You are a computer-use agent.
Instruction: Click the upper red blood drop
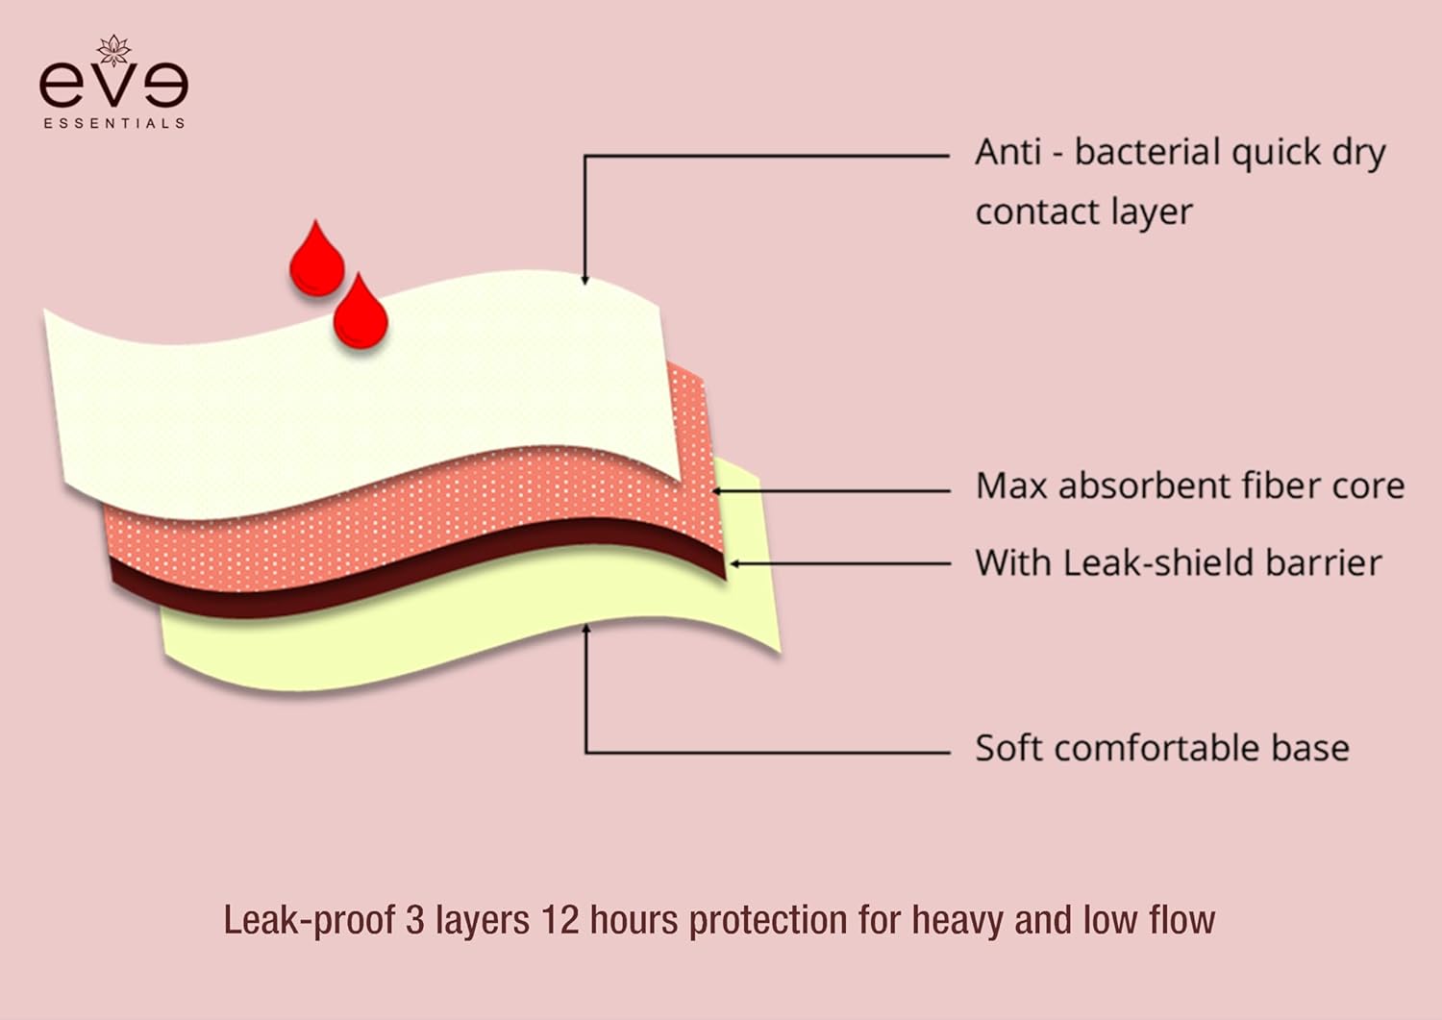coord(317,261)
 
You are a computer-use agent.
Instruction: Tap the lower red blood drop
coord(360,314)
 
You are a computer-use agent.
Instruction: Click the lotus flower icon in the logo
coord(113,50)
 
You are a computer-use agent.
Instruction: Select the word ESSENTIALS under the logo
coord(113,123)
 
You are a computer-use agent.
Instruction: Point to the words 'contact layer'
coord(1083,211)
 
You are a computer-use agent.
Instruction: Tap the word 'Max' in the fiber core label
coord(1010,486)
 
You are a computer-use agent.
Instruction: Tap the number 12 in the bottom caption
coord(559,920)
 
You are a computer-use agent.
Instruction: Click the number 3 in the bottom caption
coord(414,920)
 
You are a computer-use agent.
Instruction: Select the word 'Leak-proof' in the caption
coord(309,920)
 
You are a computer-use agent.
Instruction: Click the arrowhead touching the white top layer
coord(584,280)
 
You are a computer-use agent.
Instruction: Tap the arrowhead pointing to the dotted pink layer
coord(717,490)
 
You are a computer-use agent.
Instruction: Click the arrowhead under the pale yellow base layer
coord(585,630)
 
